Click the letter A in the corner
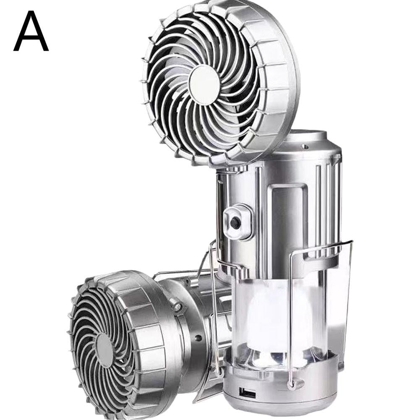pyautogui.click(x=31, y=31)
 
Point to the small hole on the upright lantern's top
pyautogui.click(x=303, y=146)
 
